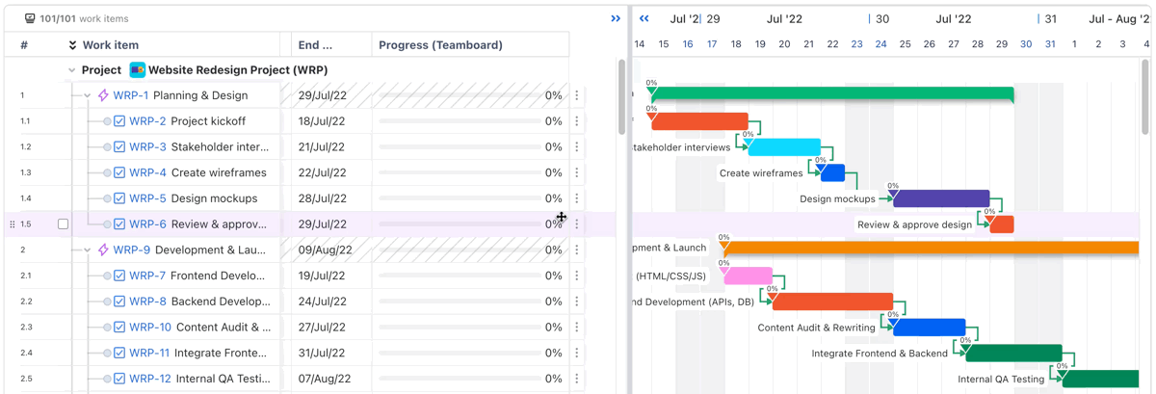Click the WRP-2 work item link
click(147, 121)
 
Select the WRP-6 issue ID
click(147, 224)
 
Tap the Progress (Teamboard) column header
click(440, 45)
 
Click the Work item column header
click(110, 45)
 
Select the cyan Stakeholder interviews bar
click(784, 147)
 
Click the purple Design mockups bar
click(941, 198)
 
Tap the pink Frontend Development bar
click(748, 276)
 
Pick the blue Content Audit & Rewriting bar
click(929, 328)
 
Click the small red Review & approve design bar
click(1002, 224)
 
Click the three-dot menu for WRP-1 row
click(577, 95)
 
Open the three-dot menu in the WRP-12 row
click(577, 379)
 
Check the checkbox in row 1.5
click(64, 224)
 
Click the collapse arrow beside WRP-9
click(88, 250)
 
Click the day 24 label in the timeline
click(880, 44)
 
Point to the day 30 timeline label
click(1026, 44)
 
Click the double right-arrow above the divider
click(616, 18)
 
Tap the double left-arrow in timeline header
click(644, 18)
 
